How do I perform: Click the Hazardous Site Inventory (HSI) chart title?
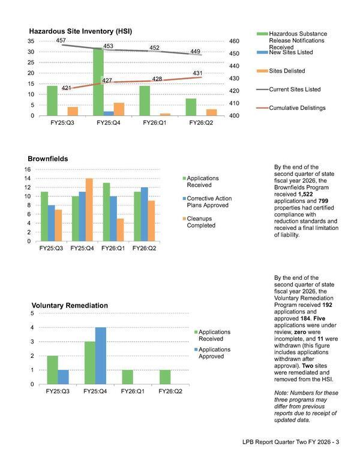click(x=81, y=31)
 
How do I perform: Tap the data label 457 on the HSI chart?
click(x=61, y=40)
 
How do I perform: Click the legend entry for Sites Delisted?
click(x=287, y=71)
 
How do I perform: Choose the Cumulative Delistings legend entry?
click(x=296, y=107)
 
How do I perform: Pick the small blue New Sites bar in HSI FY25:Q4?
click(x=109, y=113)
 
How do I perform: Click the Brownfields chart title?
click(x=47, y=159)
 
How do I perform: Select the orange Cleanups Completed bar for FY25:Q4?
click(x=89, y=210)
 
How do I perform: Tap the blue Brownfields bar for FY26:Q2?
click(x=143, y=214)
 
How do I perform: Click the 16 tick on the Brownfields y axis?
click(x=26, y=169)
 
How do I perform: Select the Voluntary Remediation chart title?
click(x=70, y=306)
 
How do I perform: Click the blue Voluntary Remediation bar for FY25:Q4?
click(x=101, y=356)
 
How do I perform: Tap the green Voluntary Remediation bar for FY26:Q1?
click(x=127, y=377)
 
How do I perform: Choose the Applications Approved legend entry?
click(x=214, y=353)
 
